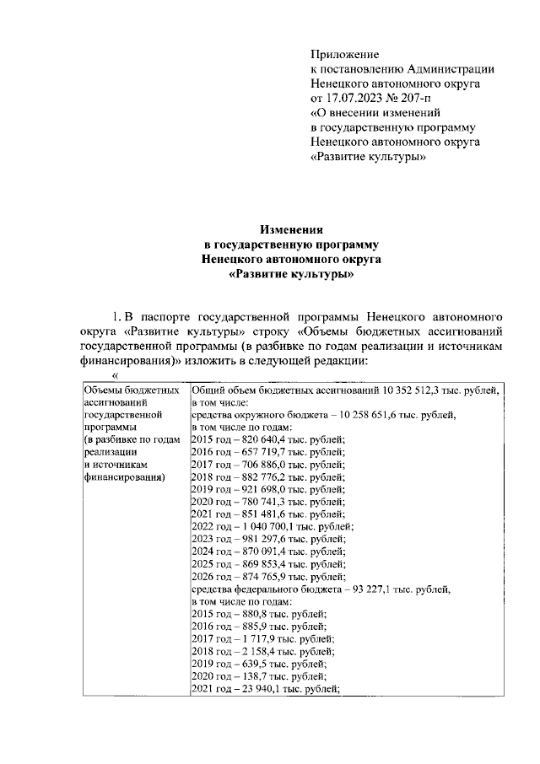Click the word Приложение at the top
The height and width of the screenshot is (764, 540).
(x=345, y=55)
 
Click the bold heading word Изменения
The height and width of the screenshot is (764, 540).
(x=291, y=229)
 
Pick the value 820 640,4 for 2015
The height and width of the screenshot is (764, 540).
(x=253, y=438)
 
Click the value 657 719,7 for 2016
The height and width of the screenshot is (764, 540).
(x=253, y=451)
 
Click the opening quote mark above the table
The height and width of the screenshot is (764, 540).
(x=116, y=376)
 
